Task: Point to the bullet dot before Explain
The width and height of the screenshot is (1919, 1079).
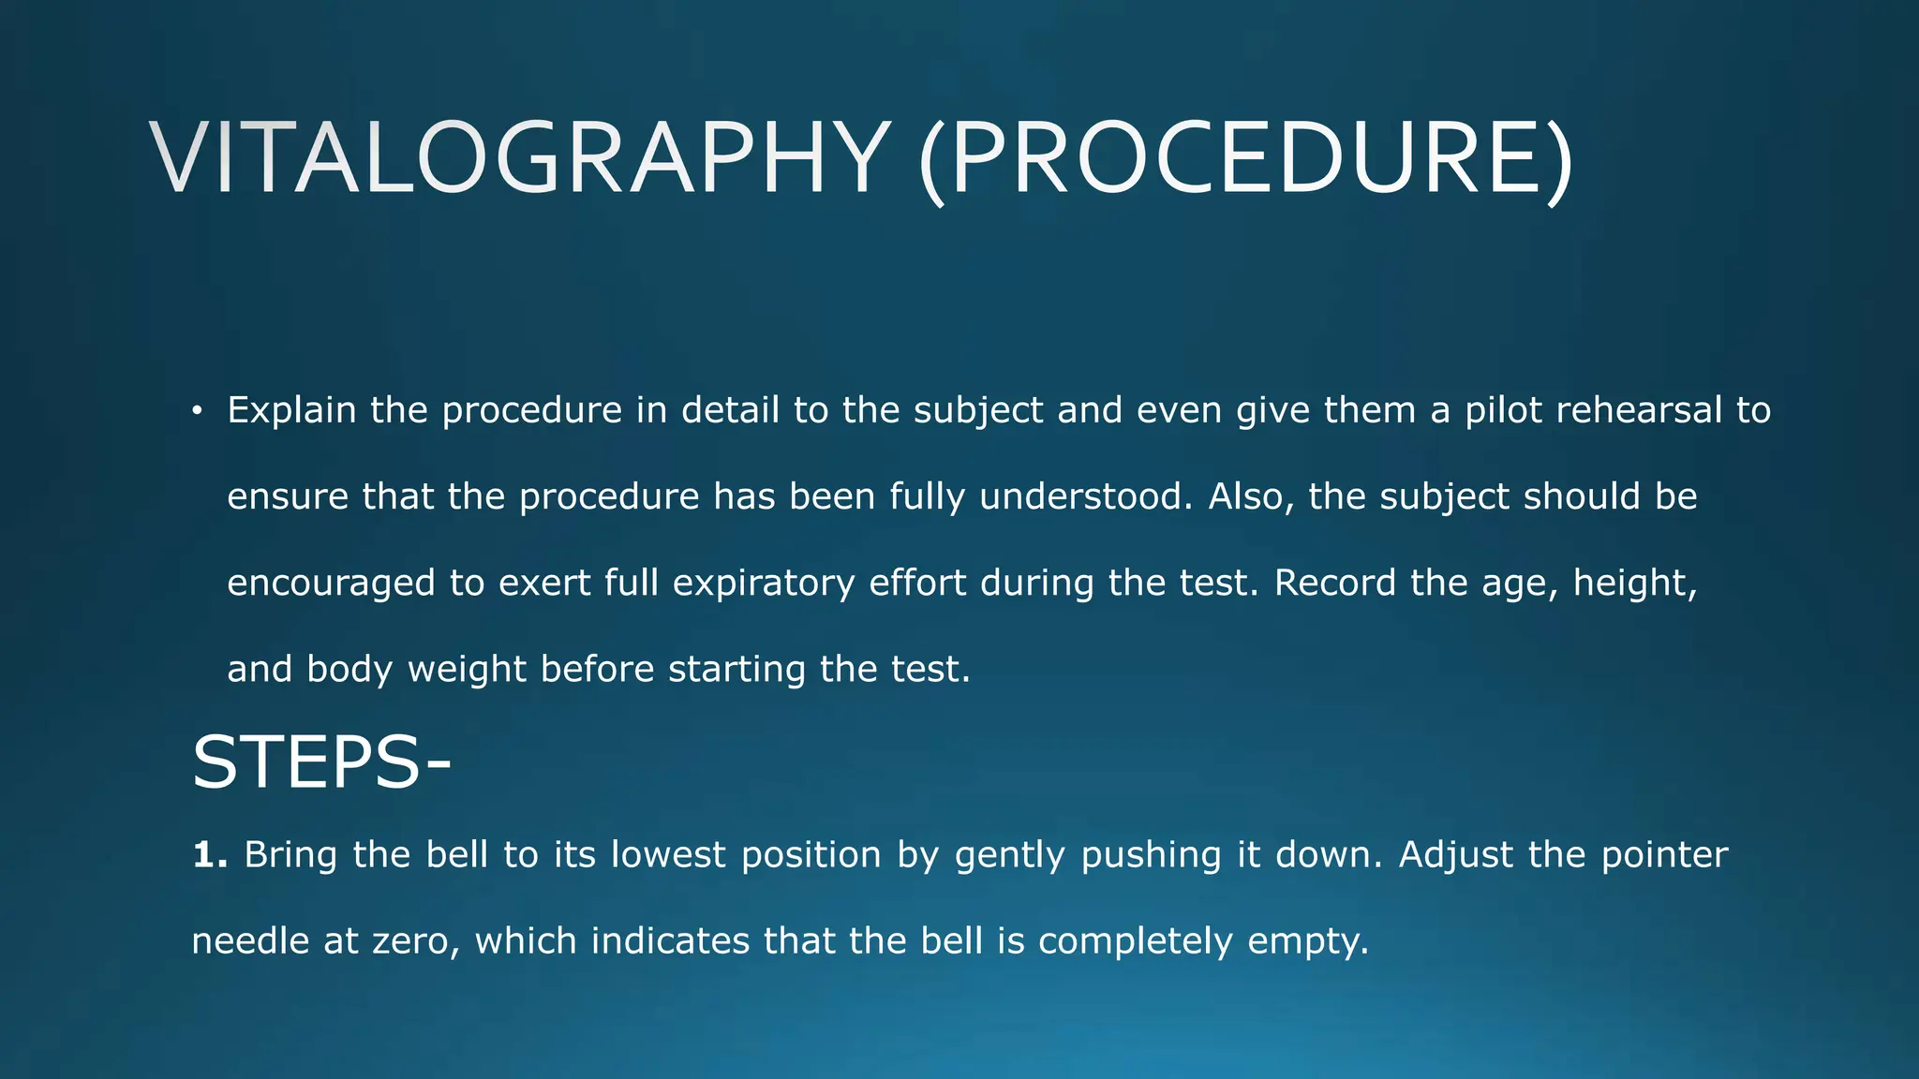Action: point(196,412)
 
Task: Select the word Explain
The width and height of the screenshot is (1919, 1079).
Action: point(291,411)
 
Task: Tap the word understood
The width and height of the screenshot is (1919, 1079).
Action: point(1086,496)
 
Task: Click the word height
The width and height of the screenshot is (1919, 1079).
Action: point(1634,584)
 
